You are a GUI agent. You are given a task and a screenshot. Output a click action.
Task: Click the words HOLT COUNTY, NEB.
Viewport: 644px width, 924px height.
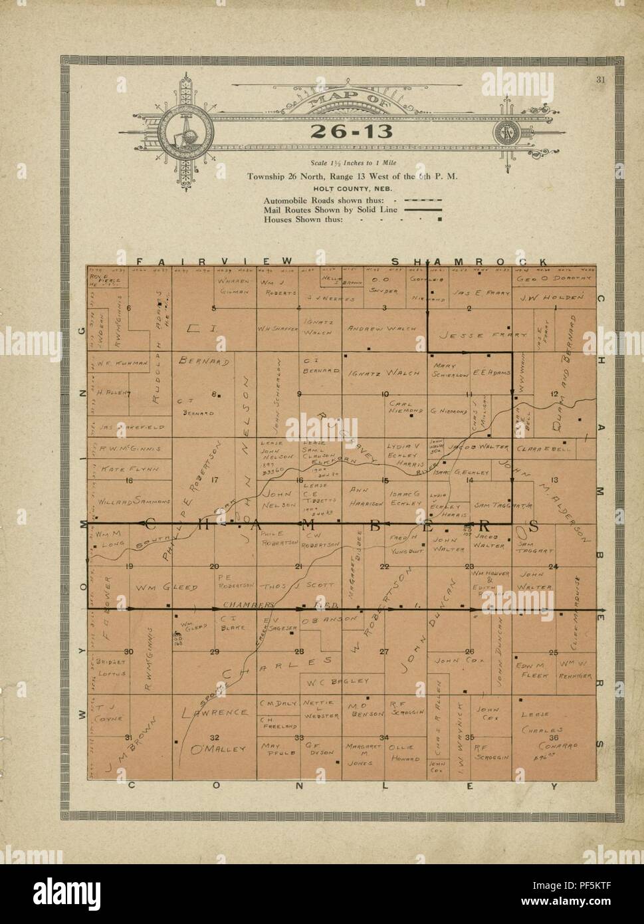tap(351, 188)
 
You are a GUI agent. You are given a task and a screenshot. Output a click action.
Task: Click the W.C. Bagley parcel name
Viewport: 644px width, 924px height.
tap(346, 681)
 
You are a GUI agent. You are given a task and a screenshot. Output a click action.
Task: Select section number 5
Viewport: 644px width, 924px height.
tap(214, 308)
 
